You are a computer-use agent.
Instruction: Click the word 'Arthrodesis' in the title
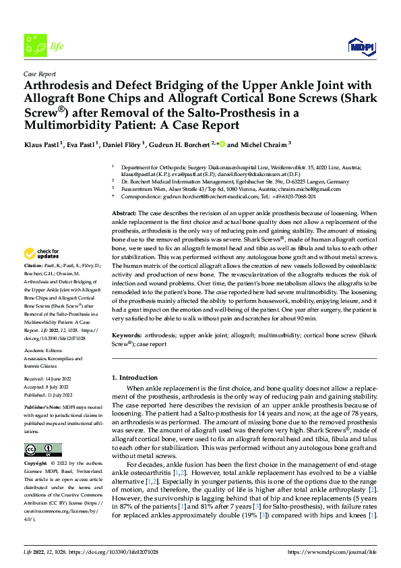pos(58,86)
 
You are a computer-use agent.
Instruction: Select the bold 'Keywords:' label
pos(127,334)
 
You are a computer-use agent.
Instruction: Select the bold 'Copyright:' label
pos(36,464)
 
